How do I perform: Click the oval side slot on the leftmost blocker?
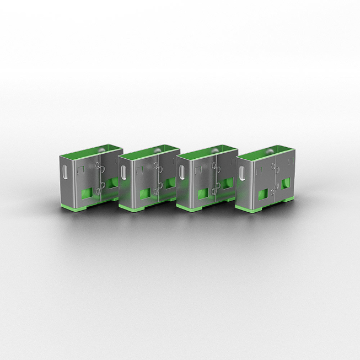pyautogui.click(x=66, y=171)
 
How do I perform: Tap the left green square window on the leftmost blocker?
pyautogui.click(x=87, y=193)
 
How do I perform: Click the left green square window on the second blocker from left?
pyautogui.click(x=145, y=194)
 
